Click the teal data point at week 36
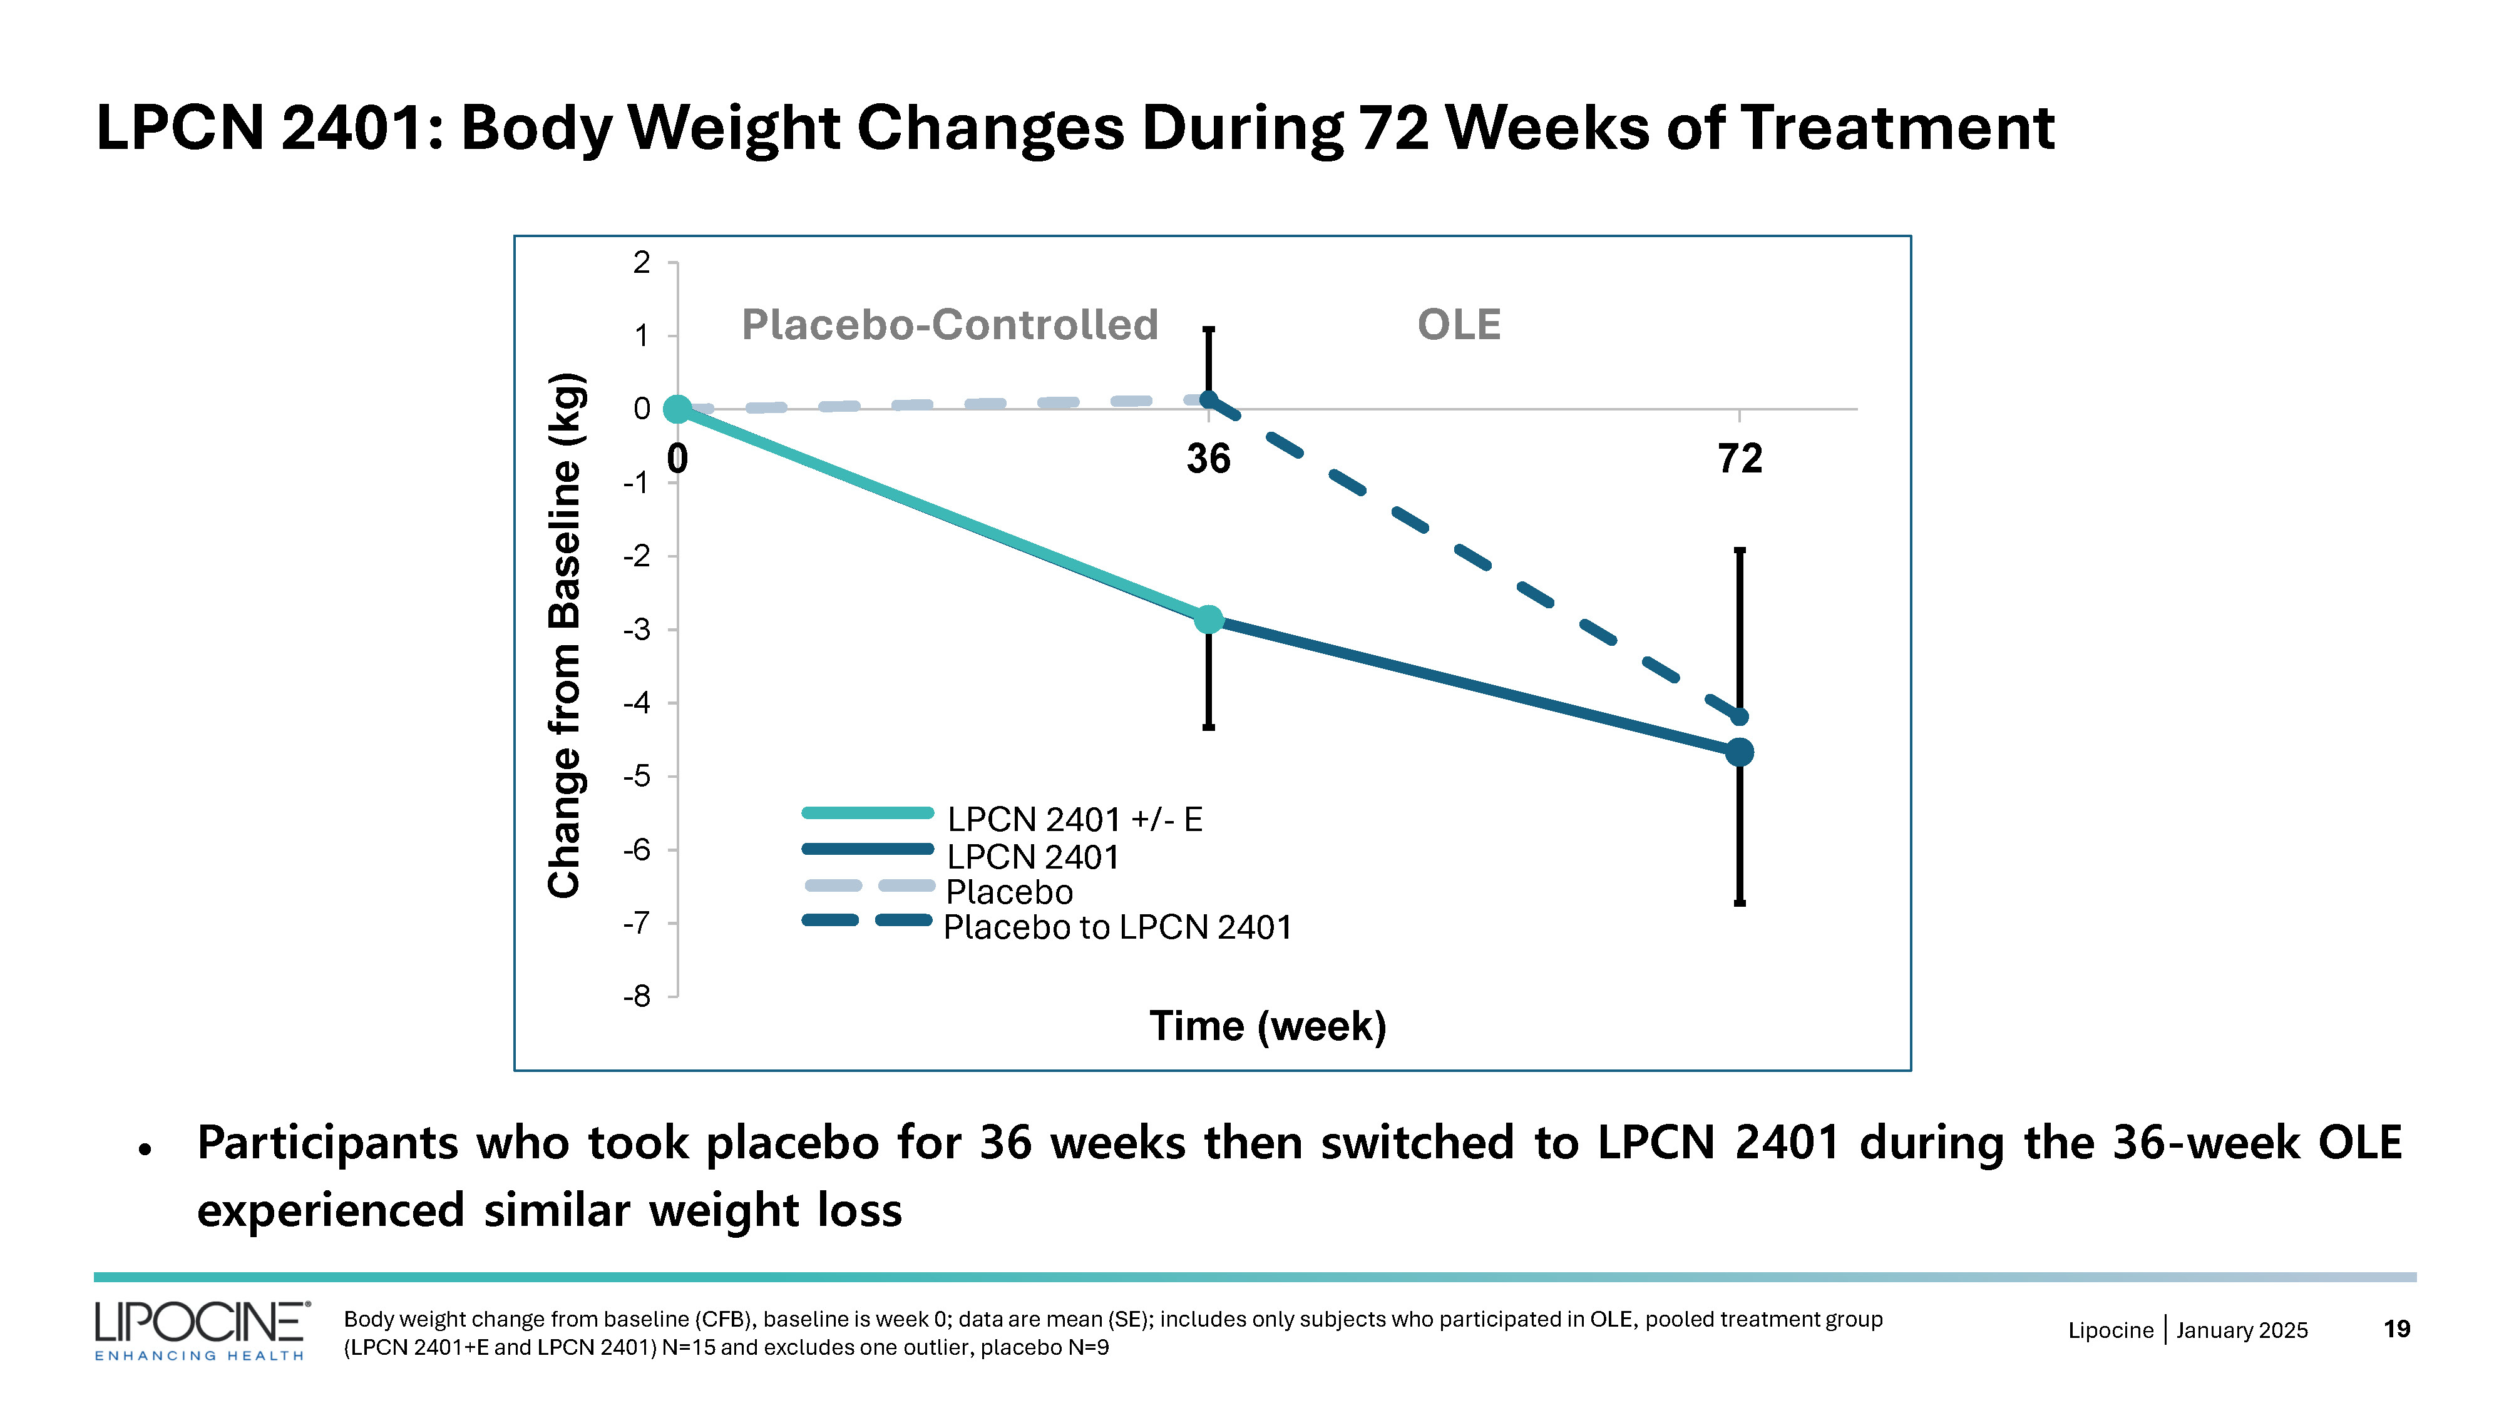tap(1208, 619)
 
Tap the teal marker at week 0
tap(677, 409)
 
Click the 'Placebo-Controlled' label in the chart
tap(950, 325)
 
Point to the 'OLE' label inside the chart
tap(1459, 325)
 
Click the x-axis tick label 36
tap(1208, 459)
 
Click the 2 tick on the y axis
tap(642, 262)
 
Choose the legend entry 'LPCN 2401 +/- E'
tap(1074, 819)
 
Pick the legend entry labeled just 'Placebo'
tap(1009, 892)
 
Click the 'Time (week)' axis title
tap(1268, 1026)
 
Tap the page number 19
tap(2396, 1329)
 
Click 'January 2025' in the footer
tap(2242, 1330)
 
